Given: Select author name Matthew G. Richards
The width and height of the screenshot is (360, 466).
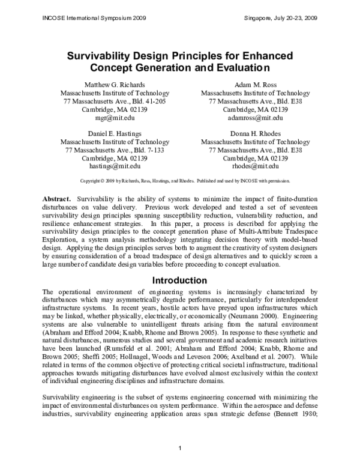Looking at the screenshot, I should point(115,85).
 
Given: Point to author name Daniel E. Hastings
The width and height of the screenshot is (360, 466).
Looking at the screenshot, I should point(115,133).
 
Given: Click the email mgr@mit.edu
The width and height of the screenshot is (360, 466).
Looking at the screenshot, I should point(115,119).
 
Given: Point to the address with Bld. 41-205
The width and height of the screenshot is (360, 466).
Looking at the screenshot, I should point(115,102).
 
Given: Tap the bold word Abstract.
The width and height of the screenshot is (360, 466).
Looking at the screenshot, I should point(57,199).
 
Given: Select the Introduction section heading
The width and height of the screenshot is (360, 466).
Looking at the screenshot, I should point(180,280).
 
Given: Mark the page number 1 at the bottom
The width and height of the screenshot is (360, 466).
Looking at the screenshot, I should point(180,450).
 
